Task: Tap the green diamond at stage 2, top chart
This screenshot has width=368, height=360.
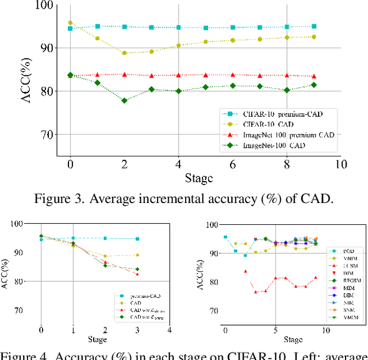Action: tap(124, 100)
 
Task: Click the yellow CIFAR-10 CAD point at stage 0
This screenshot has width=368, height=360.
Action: tap(70, 23)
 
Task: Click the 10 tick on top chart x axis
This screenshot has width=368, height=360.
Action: tap(342, 164)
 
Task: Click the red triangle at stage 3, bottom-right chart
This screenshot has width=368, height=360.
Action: tap(255, 292)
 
